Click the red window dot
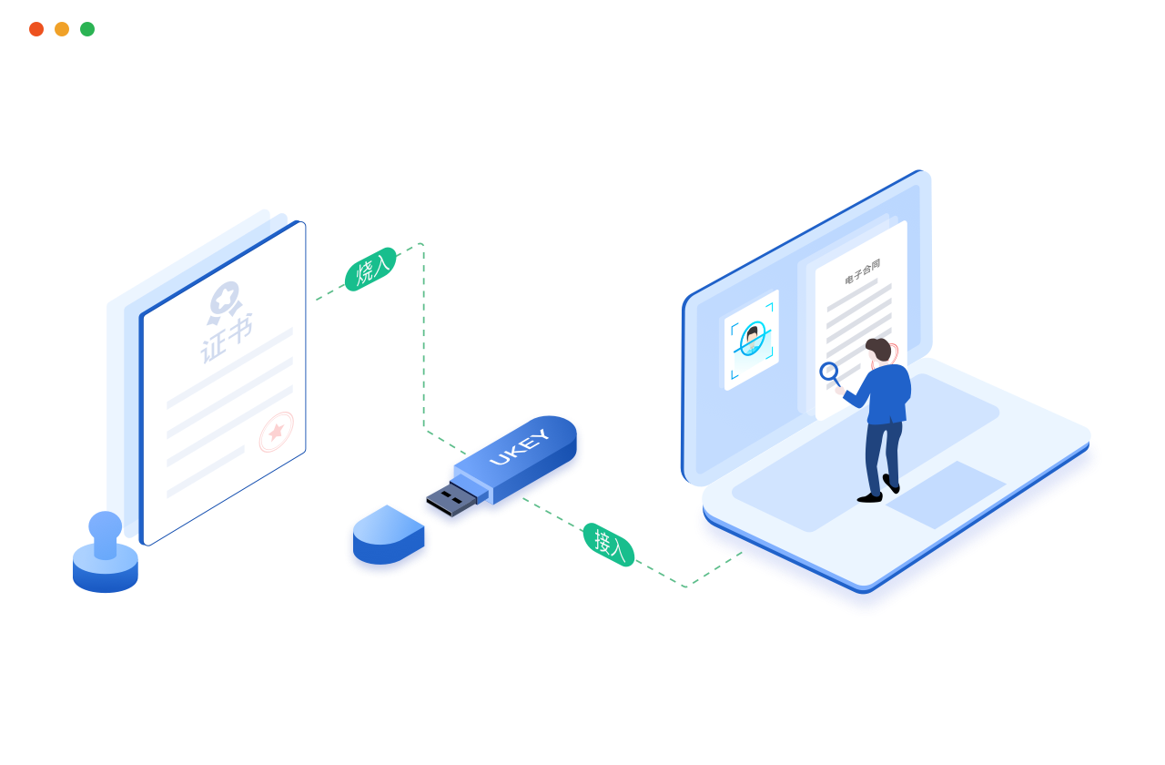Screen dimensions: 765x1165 (36, 29)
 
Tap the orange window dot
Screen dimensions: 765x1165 (62, 29)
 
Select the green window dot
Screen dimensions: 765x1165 (87, 29)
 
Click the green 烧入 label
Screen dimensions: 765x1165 (370, 269)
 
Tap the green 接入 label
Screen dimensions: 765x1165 (608, 545)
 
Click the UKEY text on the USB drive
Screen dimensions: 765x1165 (520, 446)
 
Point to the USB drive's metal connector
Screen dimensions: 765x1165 (451, 499)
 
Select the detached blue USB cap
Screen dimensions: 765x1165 (389, 539)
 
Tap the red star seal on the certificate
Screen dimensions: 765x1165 (276, 432)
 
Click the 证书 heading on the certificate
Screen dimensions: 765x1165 (227, 337)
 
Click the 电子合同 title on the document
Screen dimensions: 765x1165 (862, 271)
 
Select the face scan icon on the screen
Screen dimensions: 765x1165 (752, 341)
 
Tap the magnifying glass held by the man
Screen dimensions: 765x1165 (829, 372)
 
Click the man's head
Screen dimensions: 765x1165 (879, 350)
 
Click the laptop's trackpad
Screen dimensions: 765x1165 (947, 495)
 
